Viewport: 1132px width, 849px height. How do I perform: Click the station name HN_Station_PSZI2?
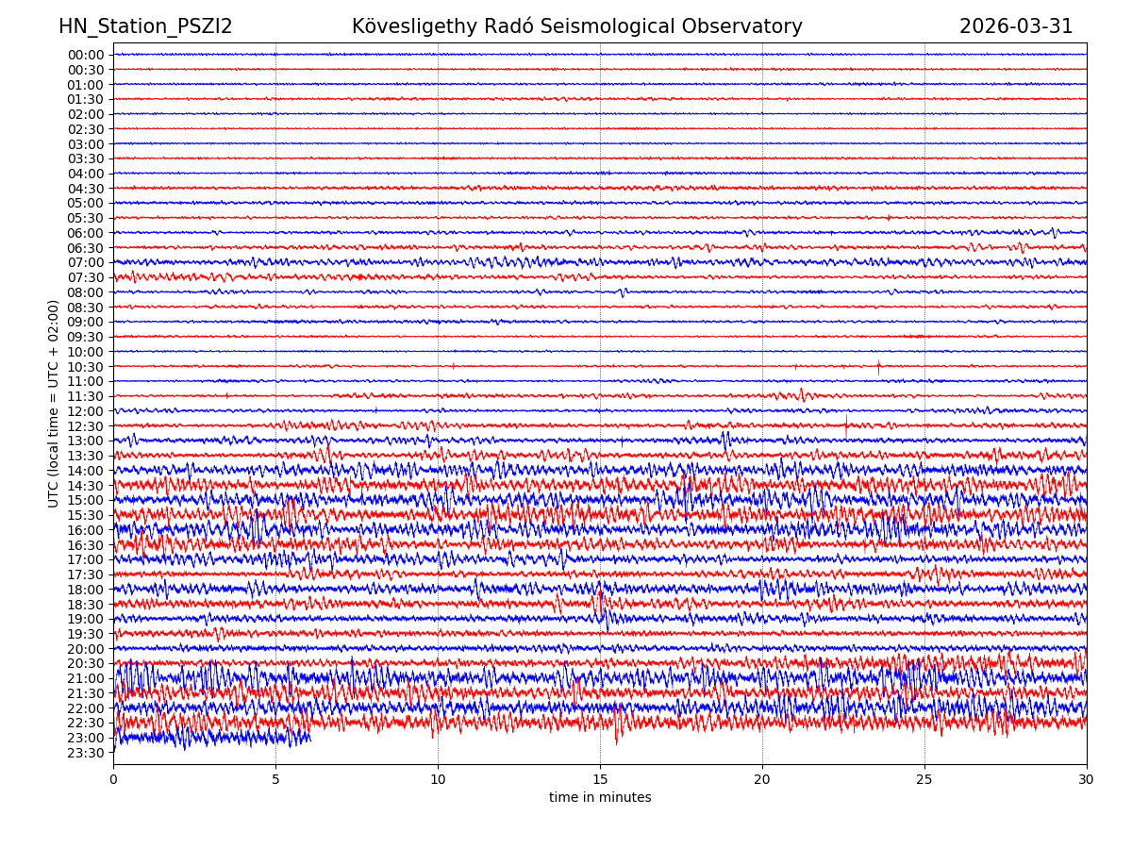click(145, 26)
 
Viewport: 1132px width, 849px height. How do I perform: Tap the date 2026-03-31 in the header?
click(1016, 26)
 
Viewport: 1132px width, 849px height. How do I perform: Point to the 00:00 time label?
click(86, 55)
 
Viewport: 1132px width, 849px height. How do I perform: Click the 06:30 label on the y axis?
click(86, 248)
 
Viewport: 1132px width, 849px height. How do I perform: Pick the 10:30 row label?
click(86, 367)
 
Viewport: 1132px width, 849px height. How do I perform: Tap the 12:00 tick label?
click(86, 411)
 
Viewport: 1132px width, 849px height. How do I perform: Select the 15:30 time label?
click(86, 515)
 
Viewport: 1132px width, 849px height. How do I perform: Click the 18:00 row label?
click(86, 590)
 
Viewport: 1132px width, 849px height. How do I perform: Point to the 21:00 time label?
click(86, 678)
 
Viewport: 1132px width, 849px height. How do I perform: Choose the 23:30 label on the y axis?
click(86, 753)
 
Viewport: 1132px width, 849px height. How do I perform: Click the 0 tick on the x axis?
click(113, 780)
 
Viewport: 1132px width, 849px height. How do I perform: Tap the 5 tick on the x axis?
click(275, 780)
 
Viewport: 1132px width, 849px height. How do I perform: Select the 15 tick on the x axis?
click(600, 780)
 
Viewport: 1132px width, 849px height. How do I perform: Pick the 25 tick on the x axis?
click(924, 780)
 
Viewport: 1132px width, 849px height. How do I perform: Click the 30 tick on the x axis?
click(1087, 780)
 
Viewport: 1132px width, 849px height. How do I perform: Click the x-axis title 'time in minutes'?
click(600, 798)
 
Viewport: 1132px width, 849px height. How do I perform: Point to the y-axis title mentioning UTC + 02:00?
click(54, 404)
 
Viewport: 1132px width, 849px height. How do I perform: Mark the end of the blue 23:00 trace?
click(311, 739)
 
